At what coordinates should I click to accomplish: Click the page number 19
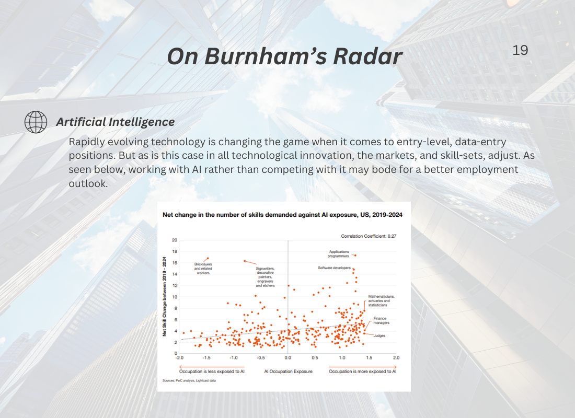[x=520, y=50]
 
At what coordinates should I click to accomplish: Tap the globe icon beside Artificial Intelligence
[x=36, y=122]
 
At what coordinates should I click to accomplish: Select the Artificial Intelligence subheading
[x=115, y=122]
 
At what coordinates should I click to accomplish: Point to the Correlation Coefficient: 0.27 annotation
[x=369, y=236]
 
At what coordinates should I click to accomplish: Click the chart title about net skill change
[x=282, y=215]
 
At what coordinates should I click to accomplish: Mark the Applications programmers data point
[x=355, y=255]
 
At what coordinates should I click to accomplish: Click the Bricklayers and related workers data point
[x=208, y=259]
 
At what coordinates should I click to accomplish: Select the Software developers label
[x=334, y=268]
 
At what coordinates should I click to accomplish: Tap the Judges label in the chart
[x=379, y=335]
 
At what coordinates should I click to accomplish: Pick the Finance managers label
[x=381, y=320]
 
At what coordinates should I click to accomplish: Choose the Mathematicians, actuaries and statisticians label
[x=382, y=300]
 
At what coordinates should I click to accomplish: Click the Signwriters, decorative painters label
[x=265, y=277]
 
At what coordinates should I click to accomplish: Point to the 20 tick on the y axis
[x=175, y=240]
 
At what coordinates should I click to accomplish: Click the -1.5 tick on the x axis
[x=206, y=357]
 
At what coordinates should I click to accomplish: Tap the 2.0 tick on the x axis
[x=396, y=357]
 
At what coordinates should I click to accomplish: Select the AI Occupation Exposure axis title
[x=288, y=371]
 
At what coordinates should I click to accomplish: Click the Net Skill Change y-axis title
[x=164, y=297]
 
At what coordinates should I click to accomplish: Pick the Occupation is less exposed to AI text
[x=212, y=371]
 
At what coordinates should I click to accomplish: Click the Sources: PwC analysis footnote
[x=189, y=380]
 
